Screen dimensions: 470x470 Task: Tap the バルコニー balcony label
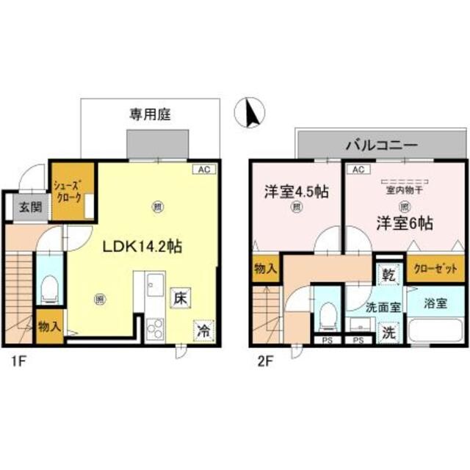pyautogui.click(x=380, y=143)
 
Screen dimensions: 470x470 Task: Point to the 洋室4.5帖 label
pyautogui.click(x=296, y=192)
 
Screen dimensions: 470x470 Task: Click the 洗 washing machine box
pyautogui.click(x=387, y=331)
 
